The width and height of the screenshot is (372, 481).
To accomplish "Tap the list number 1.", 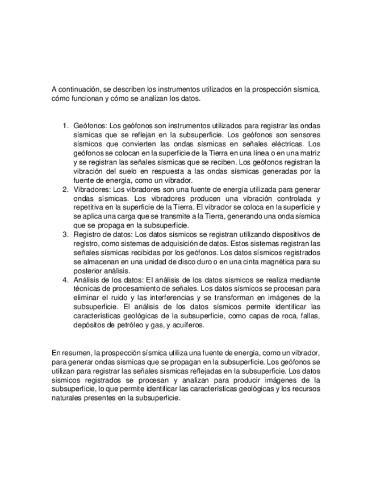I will tap(65, 125).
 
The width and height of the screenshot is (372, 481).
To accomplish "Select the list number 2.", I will tap(65, 188).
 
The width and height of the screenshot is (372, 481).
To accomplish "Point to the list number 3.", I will tap(65, 234).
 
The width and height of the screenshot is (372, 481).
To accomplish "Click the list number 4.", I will tap(65, 280).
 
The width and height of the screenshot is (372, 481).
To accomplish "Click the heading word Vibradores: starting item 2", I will tap(92, 188).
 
